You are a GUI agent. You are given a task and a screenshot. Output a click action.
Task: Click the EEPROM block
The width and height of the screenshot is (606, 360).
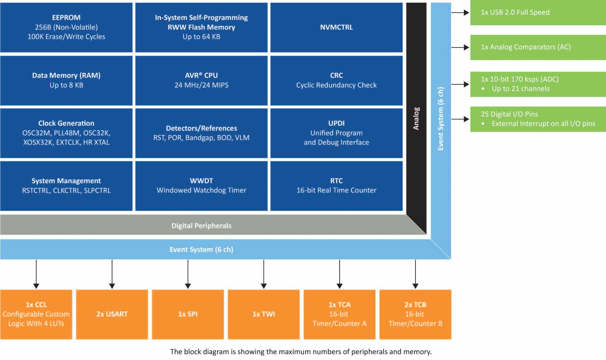click(x=66, y=27)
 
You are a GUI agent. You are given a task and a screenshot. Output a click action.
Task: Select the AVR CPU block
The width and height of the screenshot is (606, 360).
click(x=201, y=80)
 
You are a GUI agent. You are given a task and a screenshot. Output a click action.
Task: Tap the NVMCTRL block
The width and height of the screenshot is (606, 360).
click(x=336, y=27)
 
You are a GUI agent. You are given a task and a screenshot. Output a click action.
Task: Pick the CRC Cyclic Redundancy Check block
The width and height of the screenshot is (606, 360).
click(x=336, y=80)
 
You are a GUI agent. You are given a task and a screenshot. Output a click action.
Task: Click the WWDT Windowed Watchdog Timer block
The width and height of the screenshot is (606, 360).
click(x=201, y=186)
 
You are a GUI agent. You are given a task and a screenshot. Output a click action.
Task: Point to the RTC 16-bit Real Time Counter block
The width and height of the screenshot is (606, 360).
click(x=336, y=186)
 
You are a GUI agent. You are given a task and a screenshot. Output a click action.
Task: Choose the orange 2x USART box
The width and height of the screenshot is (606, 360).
click(x=112, y=314)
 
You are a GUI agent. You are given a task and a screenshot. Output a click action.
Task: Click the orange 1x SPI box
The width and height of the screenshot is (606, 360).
click(x=188, y=314)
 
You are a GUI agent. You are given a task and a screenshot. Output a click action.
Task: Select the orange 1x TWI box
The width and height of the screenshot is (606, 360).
click(x=263, y=314)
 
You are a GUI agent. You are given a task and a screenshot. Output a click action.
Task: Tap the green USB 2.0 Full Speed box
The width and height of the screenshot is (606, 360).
click(x=538, y=13)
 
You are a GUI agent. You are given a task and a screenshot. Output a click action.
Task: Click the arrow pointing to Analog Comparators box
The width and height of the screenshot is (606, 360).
click(x=460, y=48)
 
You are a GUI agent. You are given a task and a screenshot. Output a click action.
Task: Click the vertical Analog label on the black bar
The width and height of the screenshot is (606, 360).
click(x=416, y=118)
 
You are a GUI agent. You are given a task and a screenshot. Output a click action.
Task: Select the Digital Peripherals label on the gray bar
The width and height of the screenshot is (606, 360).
click(x=202, y=226)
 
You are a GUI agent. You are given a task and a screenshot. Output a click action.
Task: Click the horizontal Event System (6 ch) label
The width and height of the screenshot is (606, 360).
click(x=202, y=250)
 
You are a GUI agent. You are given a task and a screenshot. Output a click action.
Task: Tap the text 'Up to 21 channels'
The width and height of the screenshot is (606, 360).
click(x=521, y=89)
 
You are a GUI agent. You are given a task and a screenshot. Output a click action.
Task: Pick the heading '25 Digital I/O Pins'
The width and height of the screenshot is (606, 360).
click(x=509, y=114)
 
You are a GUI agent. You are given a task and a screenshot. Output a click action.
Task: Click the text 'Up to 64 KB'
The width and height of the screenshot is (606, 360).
click(x=201, y=37)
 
